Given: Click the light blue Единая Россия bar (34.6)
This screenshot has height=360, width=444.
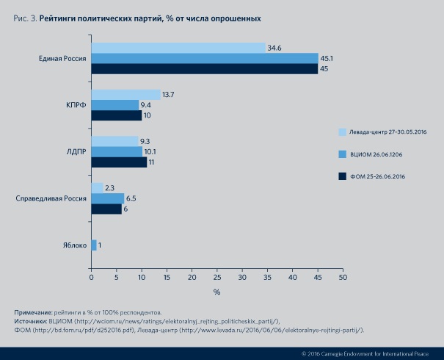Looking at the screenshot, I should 178,48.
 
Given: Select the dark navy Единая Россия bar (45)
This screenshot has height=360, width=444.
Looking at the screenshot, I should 205,69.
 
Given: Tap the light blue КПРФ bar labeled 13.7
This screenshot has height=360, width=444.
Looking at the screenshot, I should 125,95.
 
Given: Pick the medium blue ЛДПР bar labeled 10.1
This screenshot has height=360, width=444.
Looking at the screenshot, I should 117,151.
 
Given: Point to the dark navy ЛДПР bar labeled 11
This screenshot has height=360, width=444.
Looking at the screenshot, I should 119,162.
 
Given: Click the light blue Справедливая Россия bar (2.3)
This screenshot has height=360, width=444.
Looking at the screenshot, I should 97,188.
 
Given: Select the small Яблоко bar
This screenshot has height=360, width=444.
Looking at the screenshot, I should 94,245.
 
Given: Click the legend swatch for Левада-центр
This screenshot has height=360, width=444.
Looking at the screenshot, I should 342,132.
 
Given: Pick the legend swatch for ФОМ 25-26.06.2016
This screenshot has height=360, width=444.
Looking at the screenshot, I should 342,176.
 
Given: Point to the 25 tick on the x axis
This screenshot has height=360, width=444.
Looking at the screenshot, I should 217,278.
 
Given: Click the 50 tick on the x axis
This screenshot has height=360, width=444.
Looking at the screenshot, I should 342,278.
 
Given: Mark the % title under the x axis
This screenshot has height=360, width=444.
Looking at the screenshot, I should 217,292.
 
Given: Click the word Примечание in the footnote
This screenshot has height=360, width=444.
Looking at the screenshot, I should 34,313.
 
